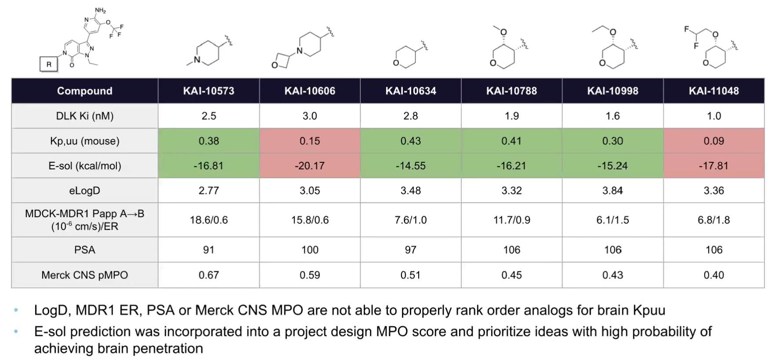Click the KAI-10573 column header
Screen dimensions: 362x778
[208, 91]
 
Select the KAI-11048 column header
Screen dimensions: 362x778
[713, 91]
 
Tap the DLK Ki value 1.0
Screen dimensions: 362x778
[713, 116]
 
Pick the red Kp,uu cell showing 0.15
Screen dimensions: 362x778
[310, 141]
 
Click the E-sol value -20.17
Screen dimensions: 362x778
[310, 166]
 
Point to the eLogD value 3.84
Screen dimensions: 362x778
[612, 190]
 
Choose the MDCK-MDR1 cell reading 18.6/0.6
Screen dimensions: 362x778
[208, 220]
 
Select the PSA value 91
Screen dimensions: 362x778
[208, 250]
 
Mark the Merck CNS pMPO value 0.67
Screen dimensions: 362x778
[208, 275]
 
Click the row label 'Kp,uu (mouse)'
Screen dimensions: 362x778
[84, 141]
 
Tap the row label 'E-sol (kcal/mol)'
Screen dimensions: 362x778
[84, 166]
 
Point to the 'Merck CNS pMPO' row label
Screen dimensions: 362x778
[84, 275]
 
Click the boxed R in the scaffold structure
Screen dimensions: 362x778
[49, 64]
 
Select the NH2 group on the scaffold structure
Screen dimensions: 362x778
[100, 11]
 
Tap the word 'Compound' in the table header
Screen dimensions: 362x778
[84, 91]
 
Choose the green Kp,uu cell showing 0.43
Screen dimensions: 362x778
[410, 141]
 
